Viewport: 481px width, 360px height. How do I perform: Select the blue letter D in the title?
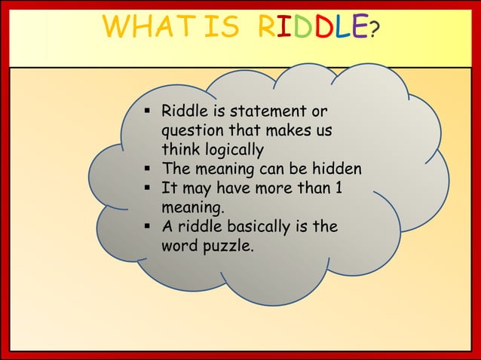(299, 29)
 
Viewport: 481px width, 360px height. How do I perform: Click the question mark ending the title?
(375, 30)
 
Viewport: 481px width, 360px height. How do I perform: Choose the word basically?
(262, 227)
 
